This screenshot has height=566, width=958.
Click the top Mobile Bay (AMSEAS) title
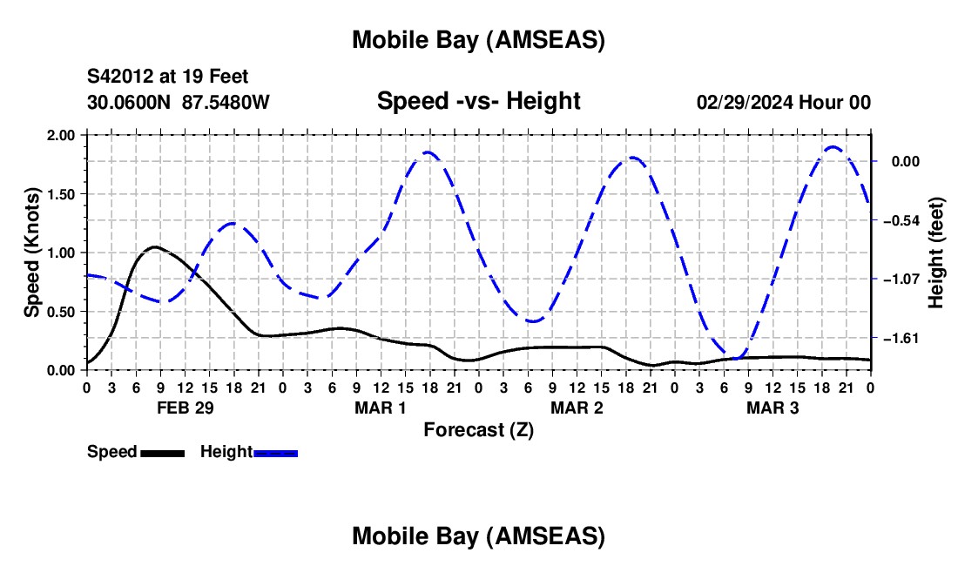click(x=478, y=39)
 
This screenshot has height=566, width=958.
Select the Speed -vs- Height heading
click(x=478, y=101)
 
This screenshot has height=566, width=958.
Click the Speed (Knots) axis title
click(x=32, y=252)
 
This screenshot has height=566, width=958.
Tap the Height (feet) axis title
click(x=937, y=253)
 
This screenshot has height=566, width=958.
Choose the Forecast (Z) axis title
click(x=478, y=429)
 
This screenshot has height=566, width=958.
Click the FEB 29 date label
click(x=185, y=408)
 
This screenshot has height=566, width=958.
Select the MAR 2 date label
click(x=577, y=408)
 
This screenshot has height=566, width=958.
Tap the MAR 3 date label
click(x=772, y=408)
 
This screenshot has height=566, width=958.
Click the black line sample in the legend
click(x=162, y=453)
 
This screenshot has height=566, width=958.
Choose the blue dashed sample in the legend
click(x=275, y=453)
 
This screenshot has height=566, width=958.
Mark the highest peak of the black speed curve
click(x=154, y=247)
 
